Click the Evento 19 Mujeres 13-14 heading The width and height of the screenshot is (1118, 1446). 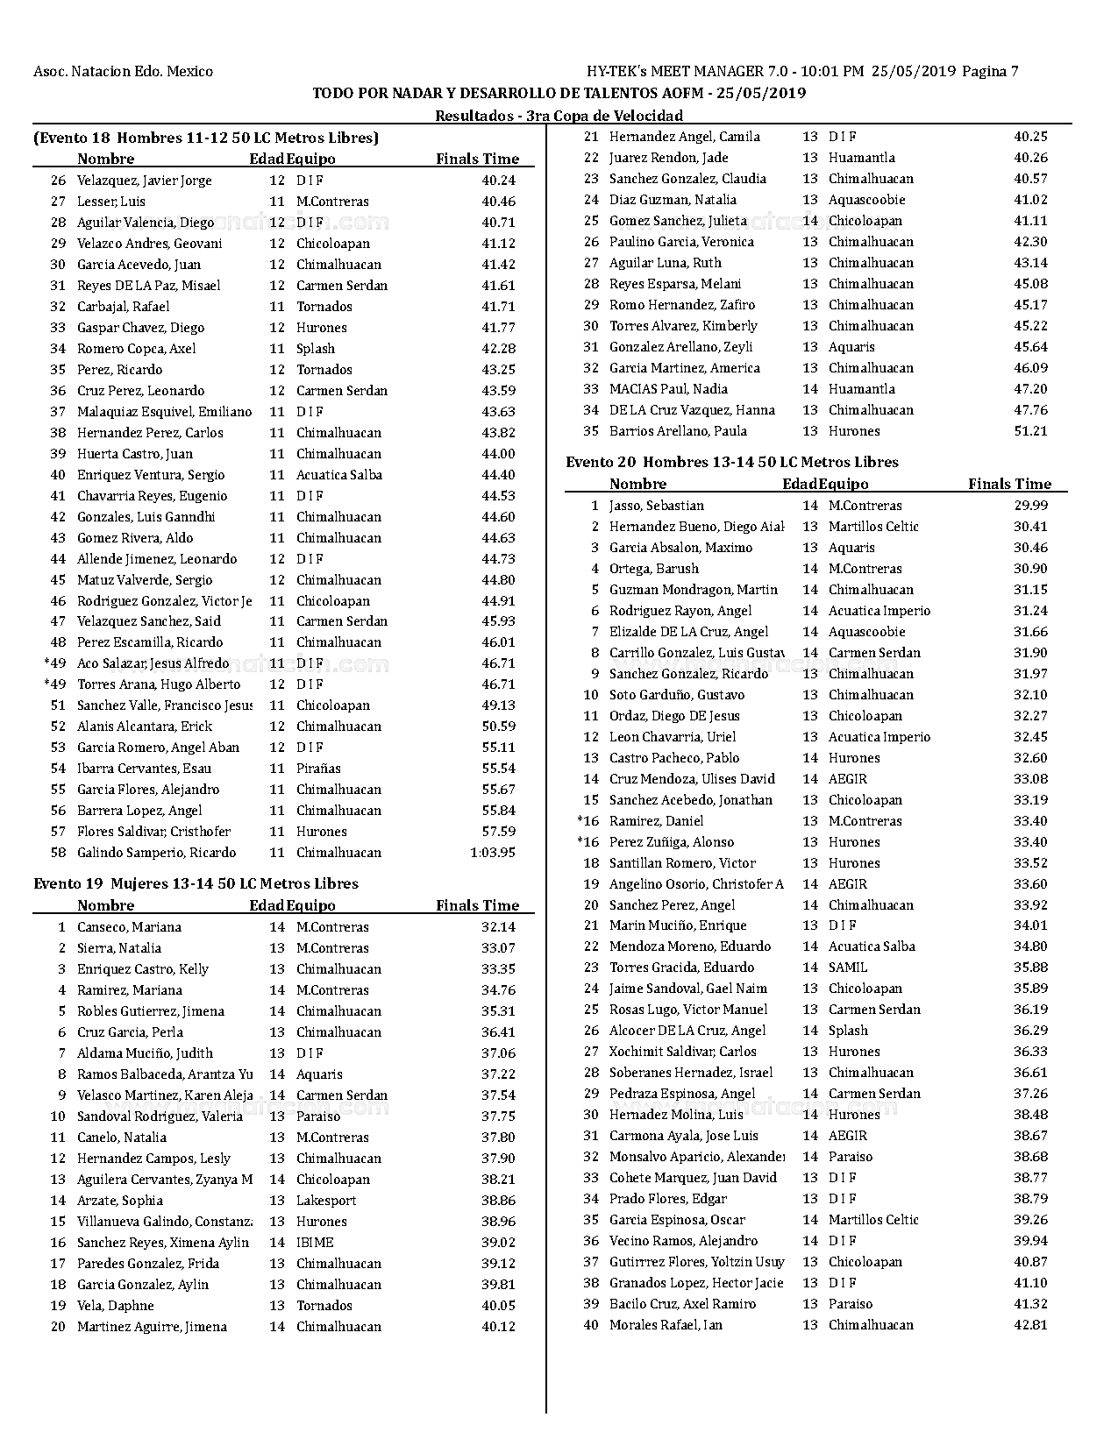click(196, 883)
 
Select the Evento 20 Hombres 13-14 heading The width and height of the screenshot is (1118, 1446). click(732, 462)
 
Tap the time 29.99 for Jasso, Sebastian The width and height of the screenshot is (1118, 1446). click(1030, 506)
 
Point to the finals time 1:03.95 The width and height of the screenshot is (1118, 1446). click(493, 853)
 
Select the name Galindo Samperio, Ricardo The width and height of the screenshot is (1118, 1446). click(156, 853)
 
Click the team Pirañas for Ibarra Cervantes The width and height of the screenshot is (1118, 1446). click(318, 769)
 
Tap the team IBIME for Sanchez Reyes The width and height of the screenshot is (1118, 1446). click(315, 1243)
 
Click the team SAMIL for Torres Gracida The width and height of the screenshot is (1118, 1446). click(848, 968)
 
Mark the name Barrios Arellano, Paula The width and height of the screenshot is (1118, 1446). click(678, 431)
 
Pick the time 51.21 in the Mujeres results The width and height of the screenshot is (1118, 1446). click(1030, 431)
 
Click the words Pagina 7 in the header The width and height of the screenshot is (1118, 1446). click(990, 72)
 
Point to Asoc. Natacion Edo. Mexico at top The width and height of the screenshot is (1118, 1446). click(123, 72)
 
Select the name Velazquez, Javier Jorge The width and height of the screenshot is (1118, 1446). click(144, 181)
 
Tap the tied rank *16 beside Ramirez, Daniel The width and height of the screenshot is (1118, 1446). click(587, 821)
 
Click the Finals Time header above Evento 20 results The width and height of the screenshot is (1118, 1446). click(1009, 484)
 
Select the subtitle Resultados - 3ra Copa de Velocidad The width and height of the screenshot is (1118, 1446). click(559, 116)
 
